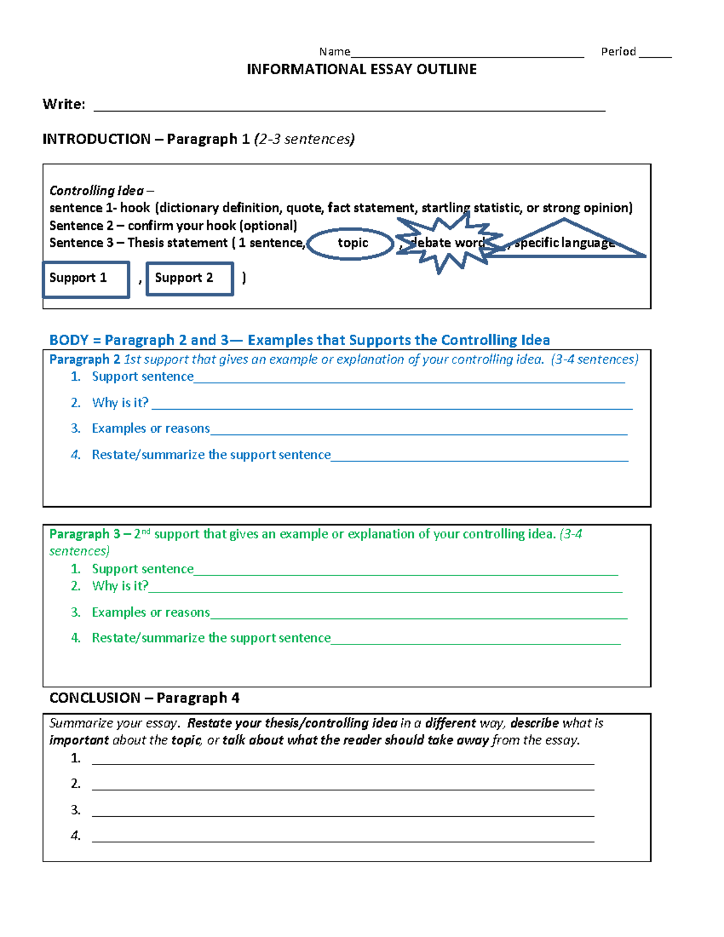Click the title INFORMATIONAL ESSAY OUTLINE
point(361,69)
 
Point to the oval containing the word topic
point(351,243)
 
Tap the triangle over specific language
point(565,241)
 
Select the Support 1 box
point(86,279)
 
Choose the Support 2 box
point(189,278)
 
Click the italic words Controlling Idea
point(97,191)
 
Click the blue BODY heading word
point(69,340)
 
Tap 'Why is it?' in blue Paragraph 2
point(120,402)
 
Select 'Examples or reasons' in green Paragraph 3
point(150,612)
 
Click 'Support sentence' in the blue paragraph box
point(142,376)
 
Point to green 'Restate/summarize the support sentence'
point(211,638)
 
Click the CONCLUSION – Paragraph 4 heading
point(144,697)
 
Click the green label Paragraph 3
point(84,534)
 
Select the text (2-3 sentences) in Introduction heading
point(304,139)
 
